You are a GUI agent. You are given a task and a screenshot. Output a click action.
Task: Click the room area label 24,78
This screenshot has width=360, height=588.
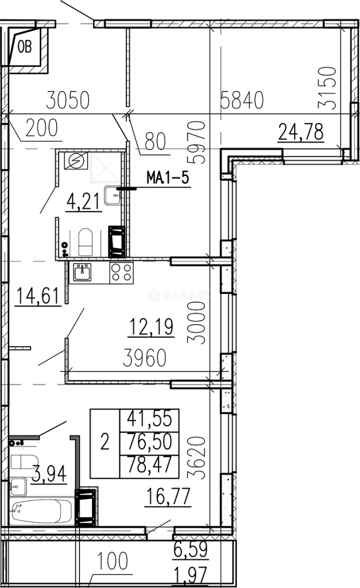(x=301, y=132)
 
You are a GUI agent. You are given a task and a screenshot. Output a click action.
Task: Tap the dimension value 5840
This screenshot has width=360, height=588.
(x=242, y=100)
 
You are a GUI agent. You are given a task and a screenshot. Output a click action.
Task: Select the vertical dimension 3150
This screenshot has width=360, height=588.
(x=327, y=88)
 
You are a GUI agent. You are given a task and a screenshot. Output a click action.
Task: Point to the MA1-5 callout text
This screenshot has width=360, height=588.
(x=168, y=177)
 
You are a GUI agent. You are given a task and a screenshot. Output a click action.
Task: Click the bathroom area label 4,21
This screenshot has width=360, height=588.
(x=84, y=201)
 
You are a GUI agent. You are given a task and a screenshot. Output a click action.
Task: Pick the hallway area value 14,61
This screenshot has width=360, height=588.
(x=38, y=295)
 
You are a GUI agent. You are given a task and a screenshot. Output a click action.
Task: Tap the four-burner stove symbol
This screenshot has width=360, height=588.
(x=121, y=273)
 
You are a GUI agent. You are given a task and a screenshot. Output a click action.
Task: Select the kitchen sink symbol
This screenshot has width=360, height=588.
(x=82, y=272)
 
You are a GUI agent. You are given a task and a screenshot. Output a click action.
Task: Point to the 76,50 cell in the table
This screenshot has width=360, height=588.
(x=150, y=442)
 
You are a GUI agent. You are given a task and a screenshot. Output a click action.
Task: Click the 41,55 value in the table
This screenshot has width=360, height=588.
(x=150, y=419)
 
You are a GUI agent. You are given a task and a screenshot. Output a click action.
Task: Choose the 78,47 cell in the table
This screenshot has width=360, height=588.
(x=150, y=465)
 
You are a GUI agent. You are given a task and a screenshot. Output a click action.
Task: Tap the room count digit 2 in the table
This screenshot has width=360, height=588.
(x=105, y=442)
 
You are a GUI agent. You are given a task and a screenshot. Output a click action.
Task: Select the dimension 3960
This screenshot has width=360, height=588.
(x=145, y=358)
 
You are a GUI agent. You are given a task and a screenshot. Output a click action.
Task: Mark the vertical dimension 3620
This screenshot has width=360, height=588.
(x=196, y=457)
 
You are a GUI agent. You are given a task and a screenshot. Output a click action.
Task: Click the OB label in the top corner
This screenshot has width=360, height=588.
(x=25, y=47)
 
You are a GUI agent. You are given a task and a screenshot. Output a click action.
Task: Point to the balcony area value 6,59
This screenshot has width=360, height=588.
(x=191, y=549)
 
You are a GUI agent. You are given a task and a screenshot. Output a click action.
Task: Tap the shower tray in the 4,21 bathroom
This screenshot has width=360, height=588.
(x=106, y=167)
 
